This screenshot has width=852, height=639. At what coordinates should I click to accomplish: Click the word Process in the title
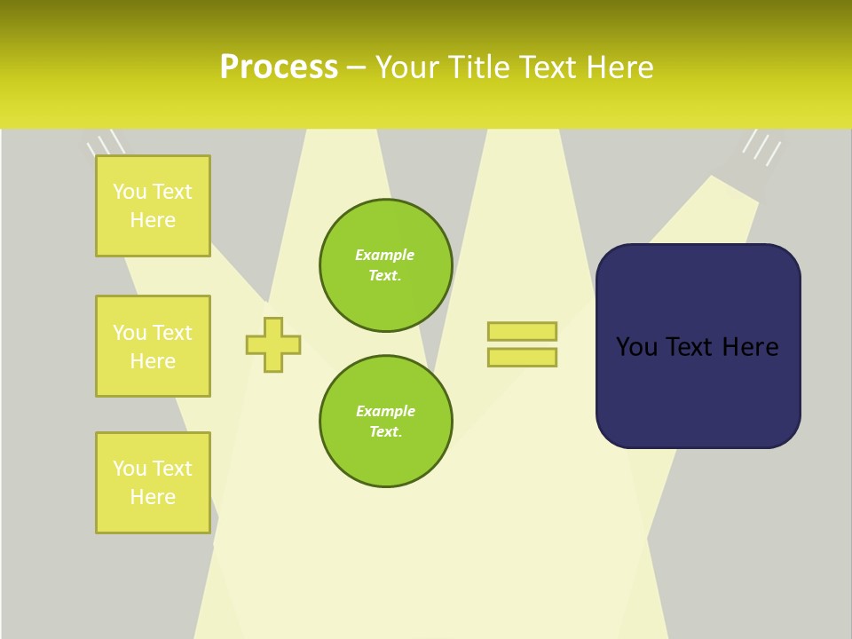pos(279,67)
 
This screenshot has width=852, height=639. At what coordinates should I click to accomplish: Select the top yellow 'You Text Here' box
pos(153,206)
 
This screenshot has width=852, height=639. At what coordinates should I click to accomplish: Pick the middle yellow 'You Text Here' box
pos(153,346)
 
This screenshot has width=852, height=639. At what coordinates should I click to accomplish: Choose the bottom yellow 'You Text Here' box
pos(153,483)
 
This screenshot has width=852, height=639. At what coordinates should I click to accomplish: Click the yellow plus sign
pos(273,344)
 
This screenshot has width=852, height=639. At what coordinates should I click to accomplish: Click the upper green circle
pos(385,265)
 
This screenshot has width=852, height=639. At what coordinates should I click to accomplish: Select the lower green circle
pos(385,422)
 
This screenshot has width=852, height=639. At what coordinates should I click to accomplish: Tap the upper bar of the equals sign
pos(522,331)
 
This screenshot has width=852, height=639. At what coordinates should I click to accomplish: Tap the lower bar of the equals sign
pos(522,358)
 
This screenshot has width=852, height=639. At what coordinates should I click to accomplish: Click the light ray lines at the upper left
pos(106,143)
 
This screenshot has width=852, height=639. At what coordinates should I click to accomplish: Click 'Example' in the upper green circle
pos(385,255)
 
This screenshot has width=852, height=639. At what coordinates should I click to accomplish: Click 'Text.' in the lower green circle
pos(385,432)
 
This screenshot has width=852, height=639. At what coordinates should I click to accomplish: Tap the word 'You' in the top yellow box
pos(130,192)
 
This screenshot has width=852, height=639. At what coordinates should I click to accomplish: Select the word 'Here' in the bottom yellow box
pos(153,497)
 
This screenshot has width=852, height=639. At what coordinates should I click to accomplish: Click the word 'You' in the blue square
pos(636,347)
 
